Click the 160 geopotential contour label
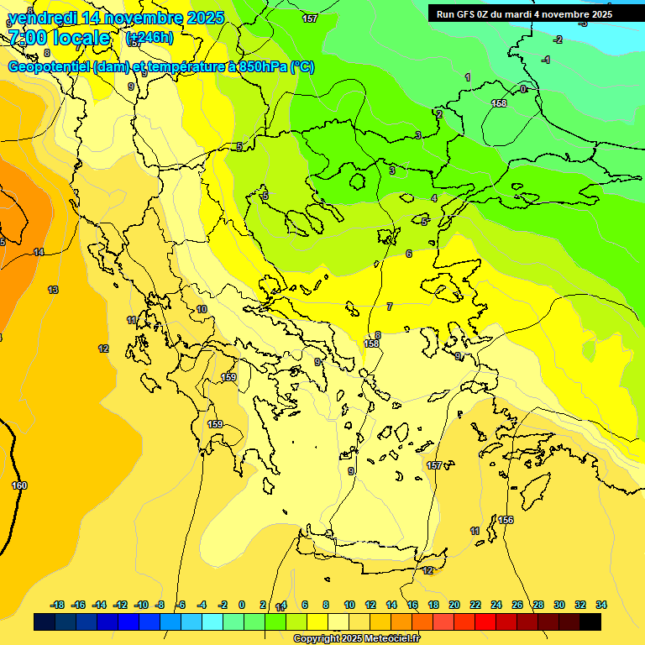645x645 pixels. (19, 485)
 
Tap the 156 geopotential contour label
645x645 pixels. (506, 521)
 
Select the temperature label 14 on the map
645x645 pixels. (39, 252)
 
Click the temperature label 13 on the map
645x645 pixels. (53, 290)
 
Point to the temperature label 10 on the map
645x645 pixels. (202, 310)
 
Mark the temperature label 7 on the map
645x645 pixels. (389, 307)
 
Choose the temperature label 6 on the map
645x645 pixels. (409, 254)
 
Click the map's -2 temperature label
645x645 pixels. (558, 39)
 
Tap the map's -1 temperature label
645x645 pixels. (546, 60)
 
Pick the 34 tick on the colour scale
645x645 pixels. (600, 605)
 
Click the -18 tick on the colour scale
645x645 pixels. (57, 605)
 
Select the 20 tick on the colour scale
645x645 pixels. (454, 605)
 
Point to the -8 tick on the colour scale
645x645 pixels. (159, 605)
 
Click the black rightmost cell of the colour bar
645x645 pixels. (590, 622)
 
